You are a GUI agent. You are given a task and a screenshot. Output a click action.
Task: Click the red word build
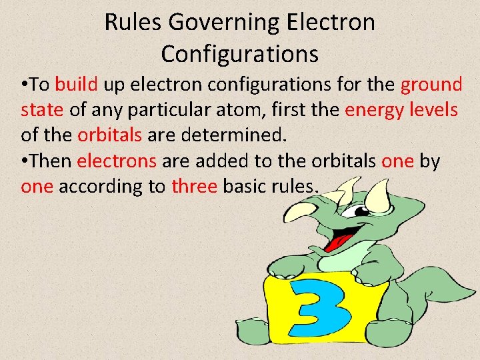click(x=77, y=85)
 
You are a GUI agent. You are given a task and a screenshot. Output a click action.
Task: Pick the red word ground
click(x=431, y=85)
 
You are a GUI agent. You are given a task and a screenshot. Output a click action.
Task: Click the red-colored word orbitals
click(x=109, y=135)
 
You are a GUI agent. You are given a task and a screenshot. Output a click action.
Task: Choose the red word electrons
click(x=117, y=161)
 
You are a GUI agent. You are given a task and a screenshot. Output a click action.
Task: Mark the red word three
click(x=194, y=187)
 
